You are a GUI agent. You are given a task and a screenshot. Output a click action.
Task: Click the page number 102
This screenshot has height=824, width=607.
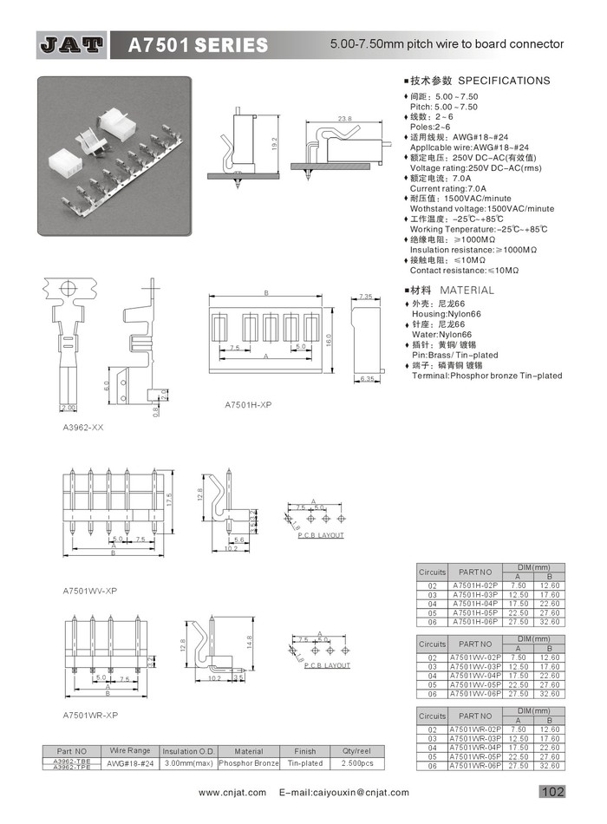[x=552, y=791]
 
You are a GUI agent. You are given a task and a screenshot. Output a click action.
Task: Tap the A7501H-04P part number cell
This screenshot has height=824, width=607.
[x=475, y=604]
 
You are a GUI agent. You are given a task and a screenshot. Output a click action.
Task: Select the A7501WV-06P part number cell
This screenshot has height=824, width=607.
[x=475, y=694]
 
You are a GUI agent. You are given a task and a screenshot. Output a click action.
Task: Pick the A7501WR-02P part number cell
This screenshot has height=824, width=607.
[x=475, y=730]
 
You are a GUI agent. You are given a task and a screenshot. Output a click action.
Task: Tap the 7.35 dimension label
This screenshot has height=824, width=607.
[x=365, y=297]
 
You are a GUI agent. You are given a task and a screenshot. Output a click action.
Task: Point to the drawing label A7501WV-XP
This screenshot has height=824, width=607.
[x=90, y=591]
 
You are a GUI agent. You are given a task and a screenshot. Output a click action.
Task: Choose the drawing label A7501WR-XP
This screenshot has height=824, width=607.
[x=90, y=715]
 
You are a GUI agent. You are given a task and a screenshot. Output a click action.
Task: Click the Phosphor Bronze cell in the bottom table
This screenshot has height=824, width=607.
[x=249, y=763]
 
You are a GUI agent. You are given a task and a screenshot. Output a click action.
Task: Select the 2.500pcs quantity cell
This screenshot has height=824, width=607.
[x=356, y=763]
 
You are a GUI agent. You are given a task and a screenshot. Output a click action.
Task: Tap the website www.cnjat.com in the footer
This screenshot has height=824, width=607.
[x=232, y=793]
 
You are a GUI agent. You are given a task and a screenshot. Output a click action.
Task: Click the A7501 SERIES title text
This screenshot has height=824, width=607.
[x=198, y=44]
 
